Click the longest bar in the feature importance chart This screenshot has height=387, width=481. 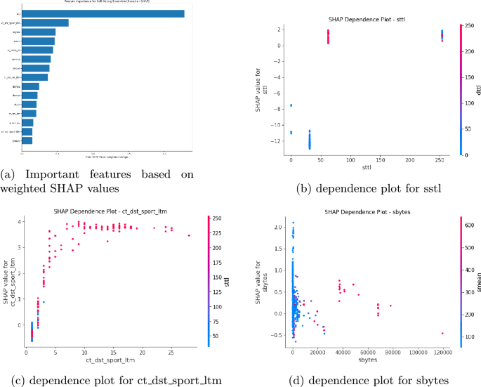pyautogui.click(x=103, y=13)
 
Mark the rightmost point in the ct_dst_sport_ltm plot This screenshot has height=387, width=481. pyautogui.click(x=189, y=236)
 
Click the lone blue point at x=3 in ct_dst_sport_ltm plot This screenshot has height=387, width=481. pyautogui.click(x=44, y=302)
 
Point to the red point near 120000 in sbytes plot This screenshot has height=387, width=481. pyautogui.click(x=442, y=333)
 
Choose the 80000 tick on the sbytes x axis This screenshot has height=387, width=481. pyautogui.click(x=390, y=352)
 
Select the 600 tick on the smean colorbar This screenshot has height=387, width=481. pyautogui.click(x=468, y=224)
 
